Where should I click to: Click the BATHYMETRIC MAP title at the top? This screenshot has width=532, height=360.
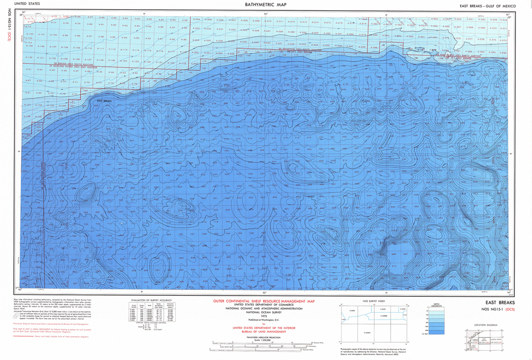(x=265, y=5)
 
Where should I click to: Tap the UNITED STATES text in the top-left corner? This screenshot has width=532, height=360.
(x=28, y=4)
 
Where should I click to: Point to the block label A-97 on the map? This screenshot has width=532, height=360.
(x=89, y=36)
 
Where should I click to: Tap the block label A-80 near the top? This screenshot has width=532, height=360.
(x=89, y=24)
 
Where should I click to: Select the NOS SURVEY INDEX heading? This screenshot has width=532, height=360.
(x=373, y=301)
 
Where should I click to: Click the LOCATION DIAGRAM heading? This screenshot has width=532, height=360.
(x=486, y=325)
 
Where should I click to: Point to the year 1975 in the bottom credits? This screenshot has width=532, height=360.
(x=264, y=316)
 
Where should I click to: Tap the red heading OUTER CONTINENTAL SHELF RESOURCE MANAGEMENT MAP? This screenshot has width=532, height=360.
(x=264, y=301)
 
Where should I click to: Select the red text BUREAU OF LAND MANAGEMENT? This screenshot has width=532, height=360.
(x=264, y=331)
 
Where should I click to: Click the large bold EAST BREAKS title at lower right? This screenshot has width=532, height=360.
(x=500, y=303)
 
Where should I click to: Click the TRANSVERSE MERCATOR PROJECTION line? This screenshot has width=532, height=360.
(x=263, y=337)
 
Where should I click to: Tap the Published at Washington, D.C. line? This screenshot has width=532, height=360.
(x=263, y=320)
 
